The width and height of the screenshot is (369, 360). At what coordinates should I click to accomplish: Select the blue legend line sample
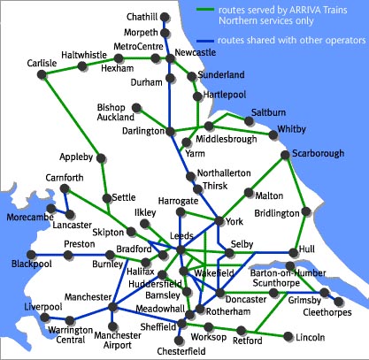click(x=209, y=41)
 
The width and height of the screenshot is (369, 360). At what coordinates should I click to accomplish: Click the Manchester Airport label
click(x=117, y=341)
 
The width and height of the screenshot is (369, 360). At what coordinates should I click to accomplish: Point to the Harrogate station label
click(x=178, y=202)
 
